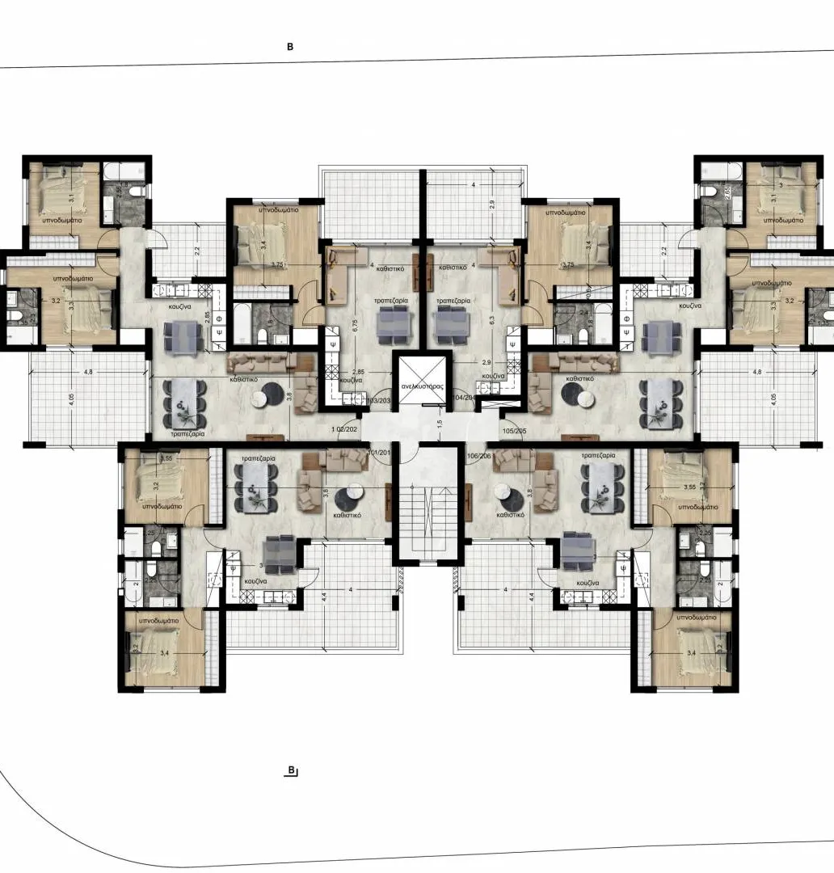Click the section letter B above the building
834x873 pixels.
coord(290,47)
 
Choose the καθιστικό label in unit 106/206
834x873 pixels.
coord(512,513)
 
